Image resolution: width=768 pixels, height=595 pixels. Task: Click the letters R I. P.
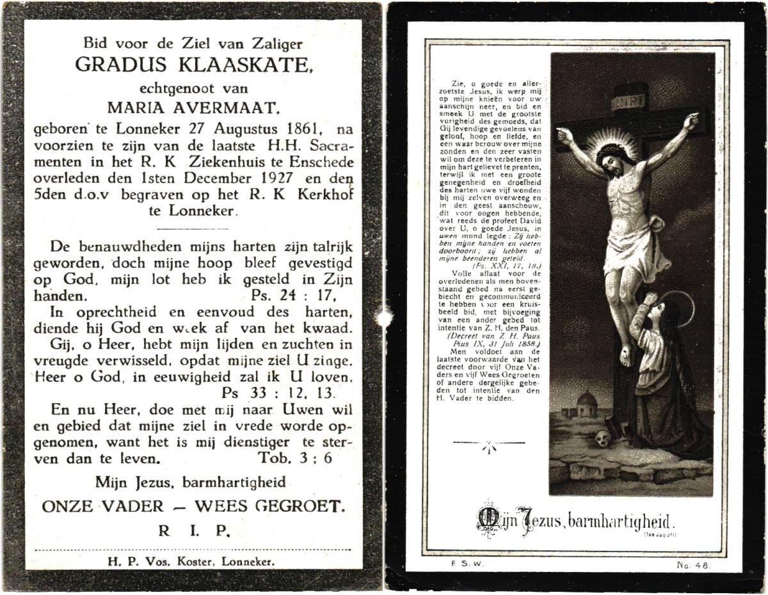193,530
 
